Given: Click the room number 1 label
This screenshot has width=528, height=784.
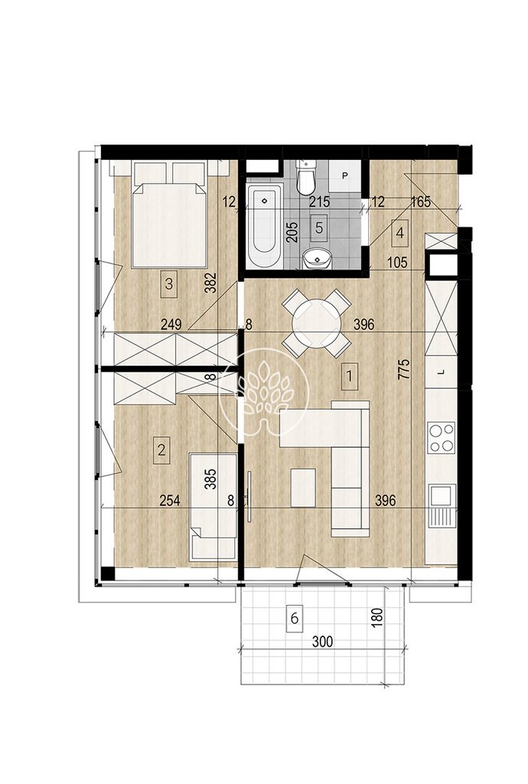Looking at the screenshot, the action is [x=350, y=375].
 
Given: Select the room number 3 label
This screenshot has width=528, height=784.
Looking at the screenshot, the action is [x=169, y=284].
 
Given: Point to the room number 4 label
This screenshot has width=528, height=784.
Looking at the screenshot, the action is [x=399, y=233].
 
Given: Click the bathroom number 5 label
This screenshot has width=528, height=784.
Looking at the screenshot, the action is [x=319, y=227].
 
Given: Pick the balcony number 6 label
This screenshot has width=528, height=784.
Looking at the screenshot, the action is [x=294, y=619].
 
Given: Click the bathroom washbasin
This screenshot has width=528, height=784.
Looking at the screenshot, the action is [x=316, y=259].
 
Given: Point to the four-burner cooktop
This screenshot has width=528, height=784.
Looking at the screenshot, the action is [x=442, y=437].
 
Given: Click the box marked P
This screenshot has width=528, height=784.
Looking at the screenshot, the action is [x=344, y=175].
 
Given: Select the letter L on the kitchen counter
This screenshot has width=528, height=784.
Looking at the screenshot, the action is [x=440, y=372].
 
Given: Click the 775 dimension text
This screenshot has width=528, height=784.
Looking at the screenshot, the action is [x=404, y=369].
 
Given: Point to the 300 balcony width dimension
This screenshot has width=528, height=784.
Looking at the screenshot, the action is [x=323, y=642].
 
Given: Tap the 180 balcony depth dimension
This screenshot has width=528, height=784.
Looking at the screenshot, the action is [x=377, y=618].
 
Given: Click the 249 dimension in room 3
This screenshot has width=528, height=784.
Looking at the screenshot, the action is [x=171, y=325].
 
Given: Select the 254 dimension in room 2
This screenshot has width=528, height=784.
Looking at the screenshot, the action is [x=169, y=500].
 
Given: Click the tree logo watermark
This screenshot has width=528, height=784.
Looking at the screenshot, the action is [x=265, y=391].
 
